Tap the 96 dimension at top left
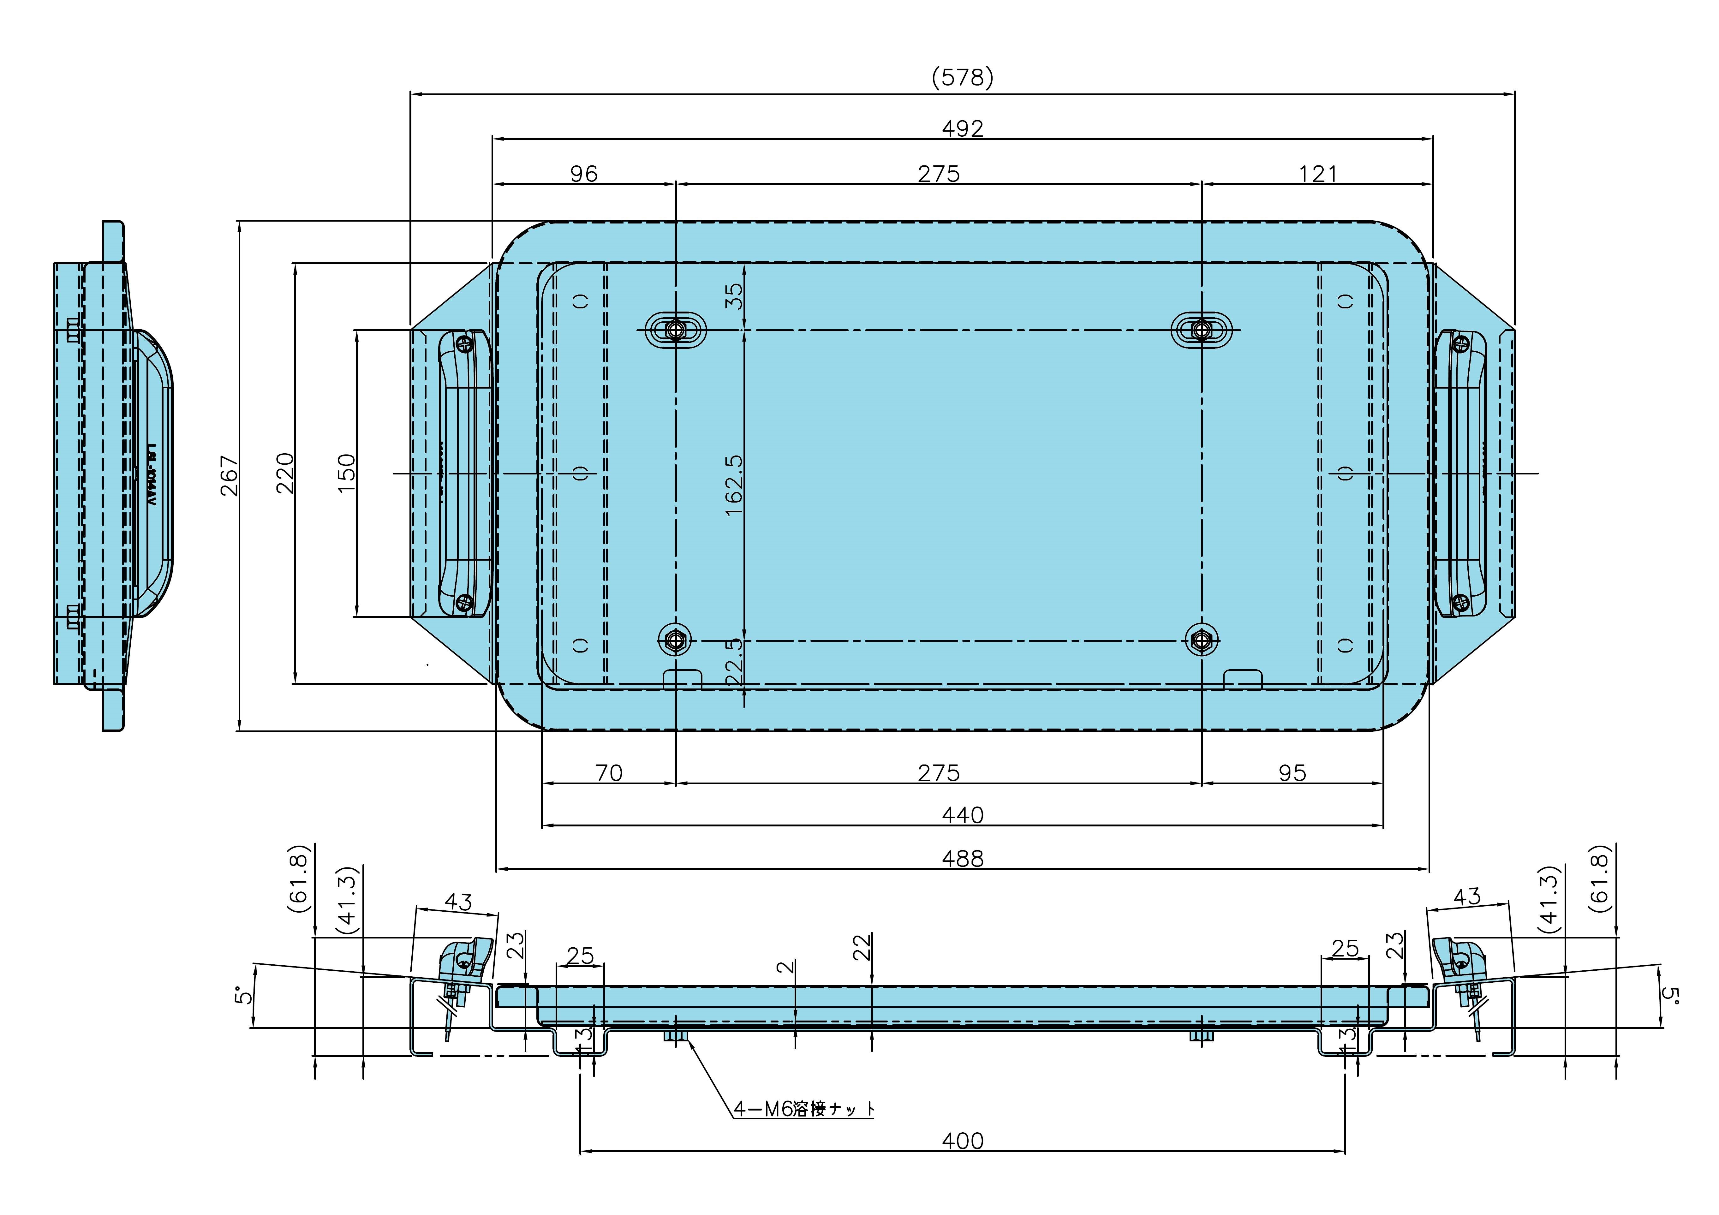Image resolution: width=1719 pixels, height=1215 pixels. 584,174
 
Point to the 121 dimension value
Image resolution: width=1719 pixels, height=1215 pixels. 1318,174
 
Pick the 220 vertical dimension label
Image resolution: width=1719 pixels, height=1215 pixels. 285,473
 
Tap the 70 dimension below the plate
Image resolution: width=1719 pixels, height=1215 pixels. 609,772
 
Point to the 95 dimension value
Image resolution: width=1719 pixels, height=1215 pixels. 1292,772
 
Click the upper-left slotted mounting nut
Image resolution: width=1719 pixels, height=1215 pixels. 675,329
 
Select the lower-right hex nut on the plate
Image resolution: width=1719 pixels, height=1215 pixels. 1202,640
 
